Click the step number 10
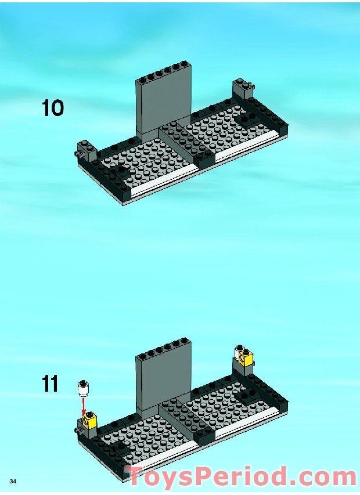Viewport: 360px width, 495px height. (53, 108)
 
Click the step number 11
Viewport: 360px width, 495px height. (50, 384)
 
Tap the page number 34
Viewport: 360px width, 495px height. (13, 482)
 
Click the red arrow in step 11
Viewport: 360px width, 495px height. (84, 405)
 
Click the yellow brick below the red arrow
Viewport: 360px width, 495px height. (89, 418)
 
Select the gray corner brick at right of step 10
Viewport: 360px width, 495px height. (244, 89)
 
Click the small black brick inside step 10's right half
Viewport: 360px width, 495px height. (247, 120)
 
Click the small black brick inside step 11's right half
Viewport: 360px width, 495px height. (247, 397)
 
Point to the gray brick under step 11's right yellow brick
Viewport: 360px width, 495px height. (244, 367)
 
